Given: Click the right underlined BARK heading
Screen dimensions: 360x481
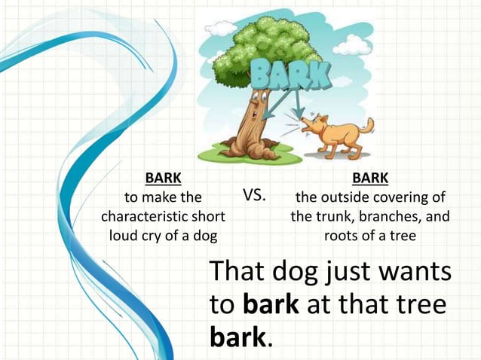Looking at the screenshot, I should tap(370, 178).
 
